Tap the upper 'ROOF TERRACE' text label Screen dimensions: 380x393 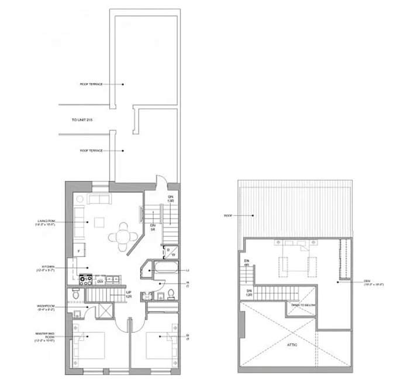[x=91, y=84]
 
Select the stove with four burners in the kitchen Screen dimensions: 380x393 [x=85, y=279]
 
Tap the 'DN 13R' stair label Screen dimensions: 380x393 [x=170, y=198]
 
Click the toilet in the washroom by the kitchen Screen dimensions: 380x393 [x=77, y=295]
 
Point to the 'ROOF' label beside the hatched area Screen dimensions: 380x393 [x=228, y=215]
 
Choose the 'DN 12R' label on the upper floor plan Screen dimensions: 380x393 [x=248, y=292]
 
